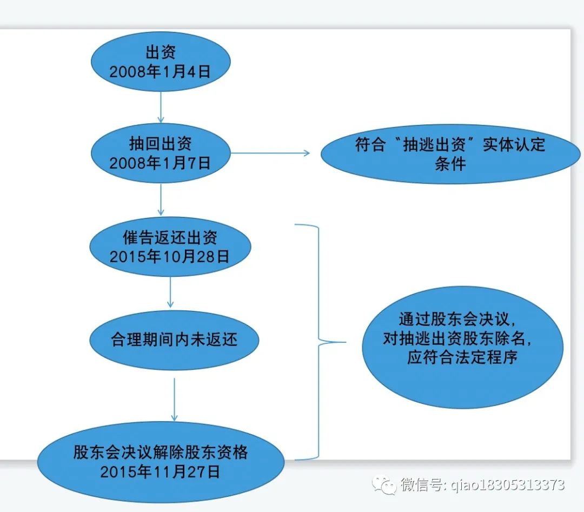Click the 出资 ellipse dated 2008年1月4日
[x=160, y=62]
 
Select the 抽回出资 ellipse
[x=160, y=153]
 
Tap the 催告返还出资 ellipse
[x=170, y=247]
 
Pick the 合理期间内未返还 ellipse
[x=174, y=340]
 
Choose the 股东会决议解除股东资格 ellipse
[x=161, y=461]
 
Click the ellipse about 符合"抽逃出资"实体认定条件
[x=450, y=154]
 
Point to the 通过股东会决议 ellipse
[x=462, y=347]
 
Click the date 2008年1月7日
[x=160, y=163]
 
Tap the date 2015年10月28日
[x=170, y=256]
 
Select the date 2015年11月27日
[x=161, y=471]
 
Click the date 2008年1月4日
[x=160, y=72]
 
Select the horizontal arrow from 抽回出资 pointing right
[x=270, y=153]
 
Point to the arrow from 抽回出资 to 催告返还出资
[x=161, y=200]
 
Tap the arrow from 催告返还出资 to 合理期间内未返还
[x=171, y=292]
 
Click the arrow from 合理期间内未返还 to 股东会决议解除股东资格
[x=174, y=399]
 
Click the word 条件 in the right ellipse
[x=450, y=164]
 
